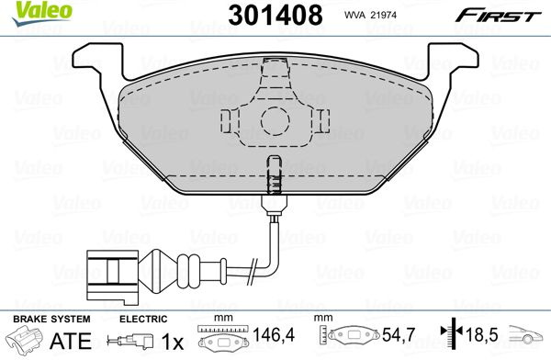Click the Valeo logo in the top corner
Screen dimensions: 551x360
42,13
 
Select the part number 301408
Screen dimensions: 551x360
275,15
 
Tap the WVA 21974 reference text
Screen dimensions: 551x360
370,15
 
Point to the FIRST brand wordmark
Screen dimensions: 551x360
499,16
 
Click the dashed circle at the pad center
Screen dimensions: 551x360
275,121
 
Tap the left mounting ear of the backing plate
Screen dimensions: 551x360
97,60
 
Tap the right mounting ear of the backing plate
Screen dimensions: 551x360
453,60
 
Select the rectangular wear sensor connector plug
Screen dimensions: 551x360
112,277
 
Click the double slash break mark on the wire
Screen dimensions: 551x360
251,271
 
